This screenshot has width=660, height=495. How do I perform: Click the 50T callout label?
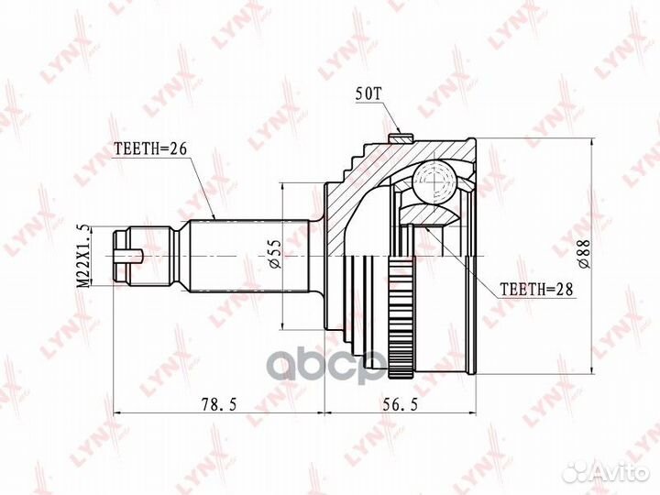368,93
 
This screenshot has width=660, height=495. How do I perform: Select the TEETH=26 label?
150,148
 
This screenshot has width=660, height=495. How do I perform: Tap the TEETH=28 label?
536,289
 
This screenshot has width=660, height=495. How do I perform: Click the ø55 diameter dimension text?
273,254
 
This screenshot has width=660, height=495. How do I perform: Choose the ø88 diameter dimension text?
584,254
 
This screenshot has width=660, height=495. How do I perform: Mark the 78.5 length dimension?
219,404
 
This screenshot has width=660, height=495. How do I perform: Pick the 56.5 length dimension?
401,404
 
